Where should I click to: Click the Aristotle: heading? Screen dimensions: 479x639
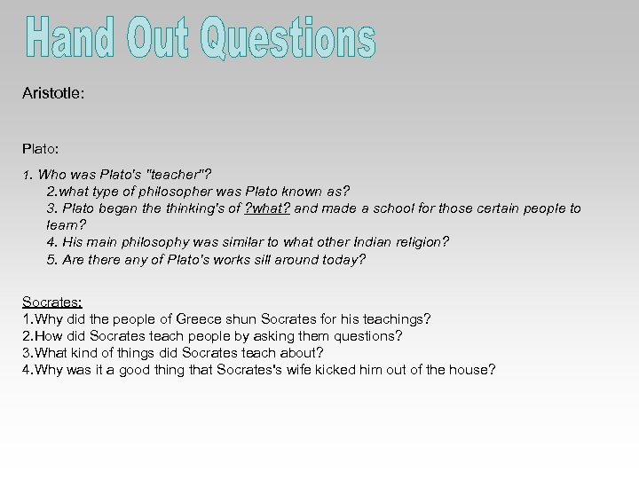point(53,92)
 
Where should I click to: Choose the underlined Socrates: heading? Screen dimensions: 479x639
point(52,302)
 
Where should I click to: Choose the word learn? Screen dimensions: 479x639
point(62,225)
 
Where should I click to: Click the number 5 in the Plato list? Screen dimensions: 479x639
point(51,259)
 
